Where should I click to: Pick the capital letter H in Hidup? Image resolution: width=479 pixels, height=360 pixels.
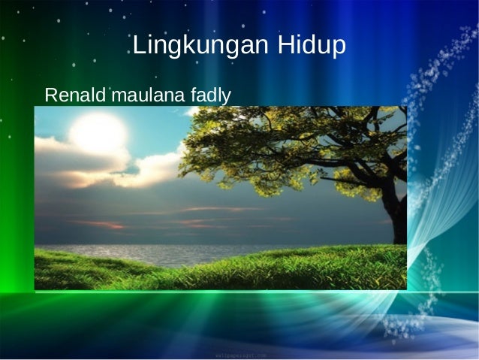pyautogui.click(x=286, y=46)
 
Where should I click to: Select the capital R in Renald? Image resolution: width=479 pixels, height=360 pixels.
pyautogui.click(x=50, y=95)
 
